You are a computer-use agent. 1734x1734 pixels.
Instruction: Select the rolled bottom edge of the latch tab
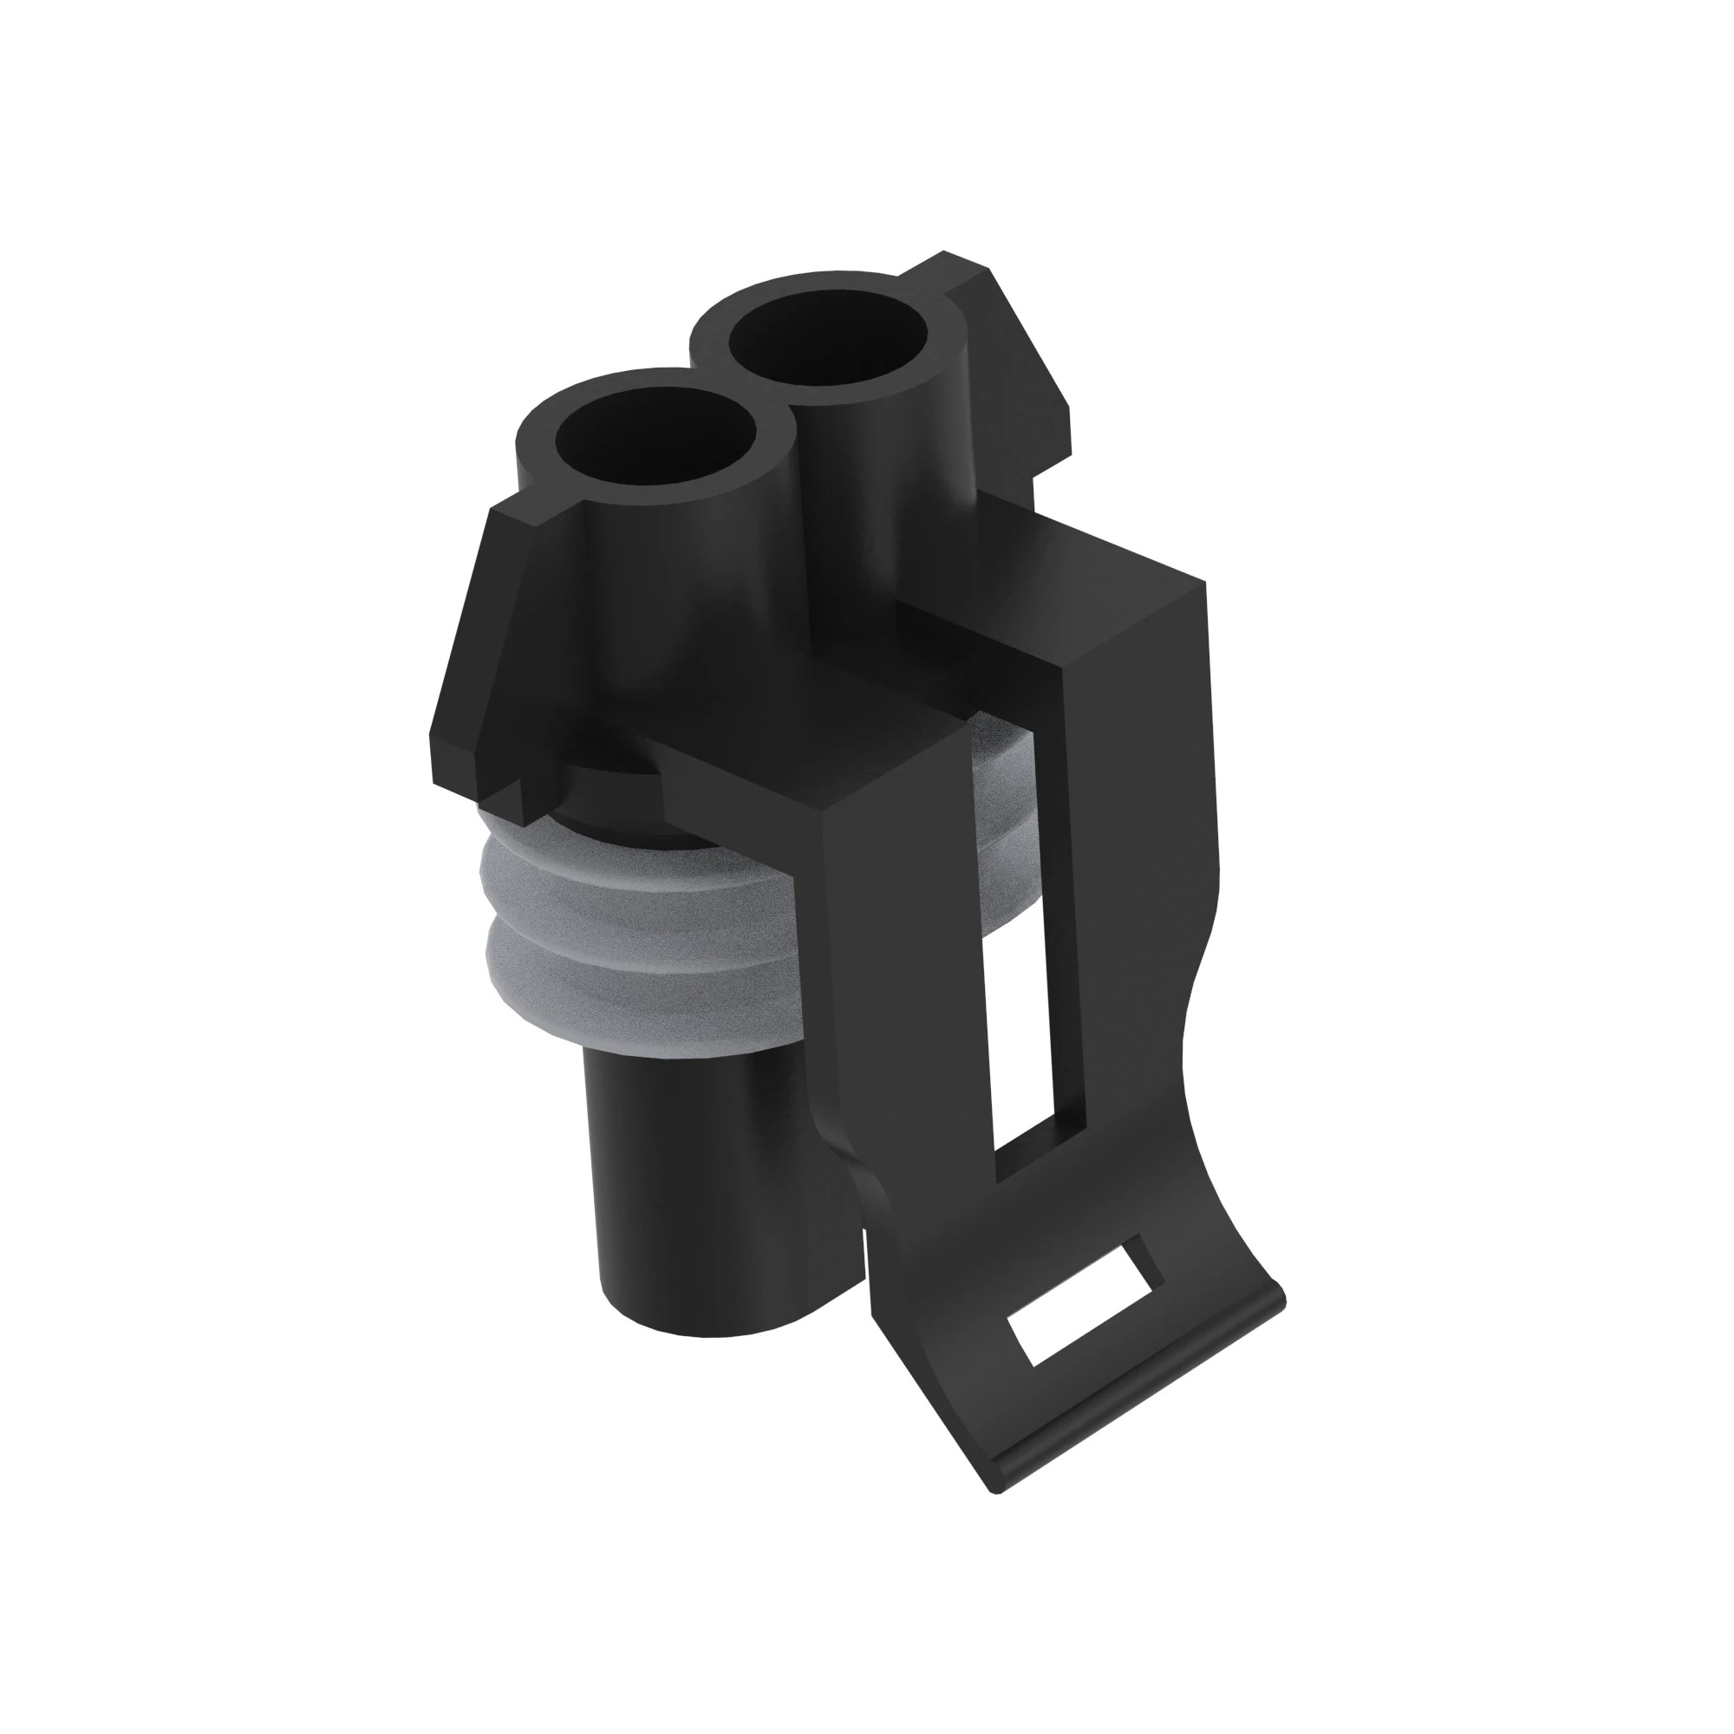point(1140,1409)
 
